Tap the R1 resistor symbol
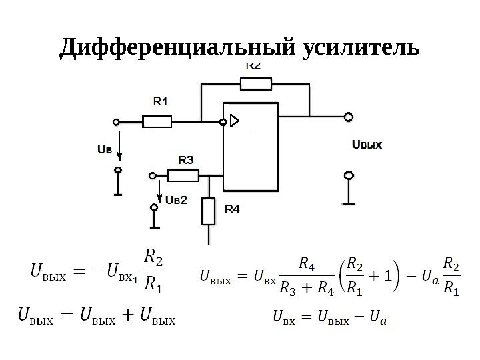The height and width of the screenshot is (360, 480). (x=157, y=121)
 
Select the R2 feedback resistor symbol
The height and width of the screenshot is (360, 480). (x=256, y=83)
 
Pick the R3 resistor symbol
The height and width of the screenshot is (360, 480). (x=183, y=175)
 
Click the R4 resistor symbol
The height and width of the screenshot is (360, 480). (x=209, y=211)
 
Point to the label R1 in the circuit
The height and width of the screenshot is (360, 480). (x=161, y=102)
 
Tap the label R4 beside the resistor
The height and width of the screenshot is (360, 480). (x=231, y=209)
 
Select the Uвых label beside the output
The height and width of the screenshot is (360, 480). (x=366, y=143)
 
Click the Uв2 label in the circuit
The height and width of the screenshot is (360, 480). (x=176, y=199)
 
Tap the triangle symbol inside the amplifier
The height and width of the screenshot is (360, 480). (x=233, y=121)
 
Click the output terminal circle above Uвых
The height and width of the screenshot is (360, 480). (x=347, y=117)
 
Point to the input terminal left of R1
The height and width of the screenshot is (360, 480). (x=117, y=122)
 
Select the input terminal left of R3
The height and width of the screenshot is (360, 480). (x=152, y=175)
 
